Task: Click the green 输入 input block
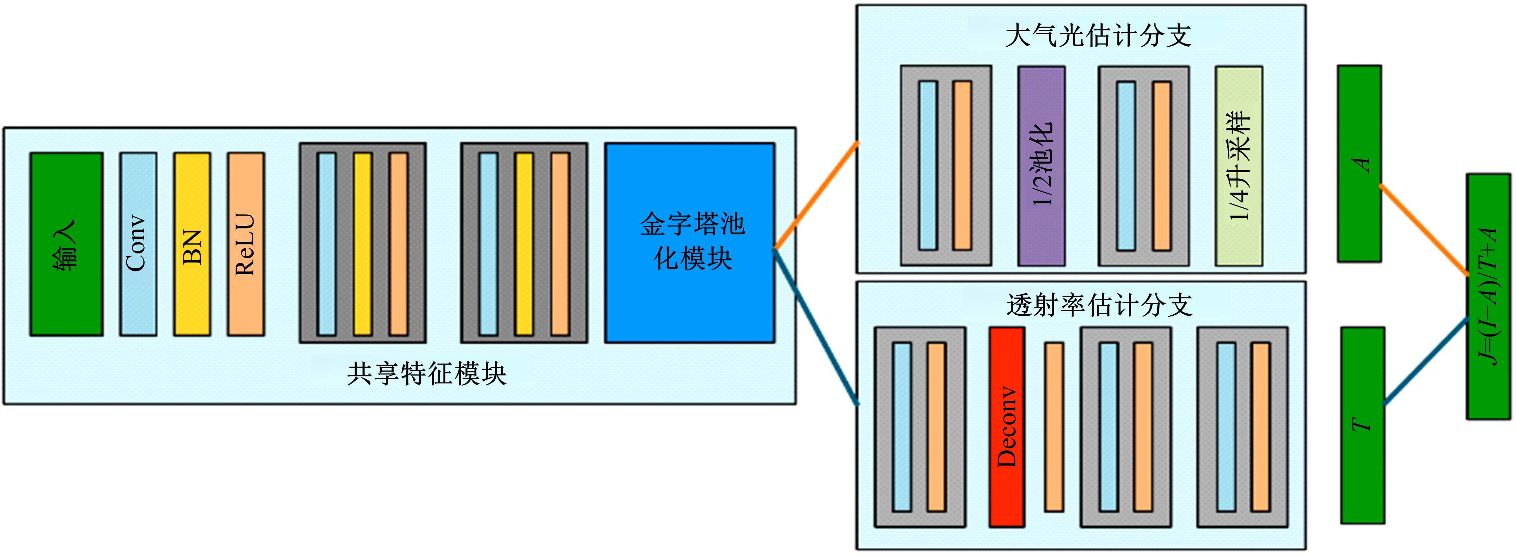click(66, 244)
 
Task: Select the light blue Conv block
click(138, 244)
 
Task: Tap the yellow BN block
click(192, 244)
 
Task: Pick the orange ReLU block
click(246, 244)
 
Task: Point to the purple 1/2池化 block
click(1041, 166)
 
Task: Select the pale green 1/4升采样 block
click(1239, 166)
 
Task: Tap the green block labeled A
click(1360, 164)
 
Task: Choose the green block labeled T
click(1362, 425)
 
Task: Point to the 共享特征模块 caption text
click(427, 374)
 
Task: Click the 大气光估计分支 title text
click(1098, 35)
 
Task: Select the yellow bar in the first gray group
click(363, 244)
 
